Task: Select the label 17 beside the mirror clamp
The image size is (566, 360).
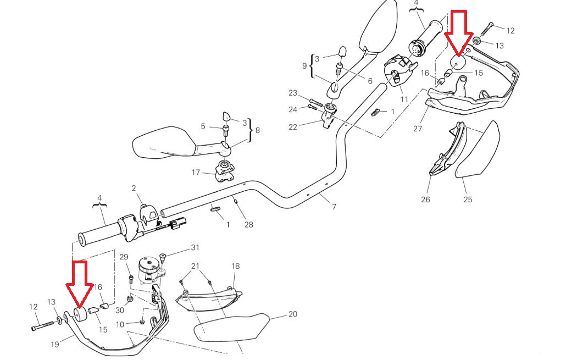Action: pos(196,173)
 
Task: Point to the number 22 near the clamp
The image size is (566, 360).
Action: pos(292,128)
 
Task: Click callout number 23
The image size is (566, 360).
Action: pos(292,93)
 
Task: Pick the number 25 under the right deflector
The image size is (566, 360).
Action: pos(468,200)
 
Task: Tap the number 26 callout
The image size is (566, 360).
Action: pos(426,200)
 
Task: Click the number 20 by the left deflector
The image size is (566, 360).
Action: pos(292,315)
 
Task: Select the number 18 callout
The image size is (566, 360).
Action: pos(235,266)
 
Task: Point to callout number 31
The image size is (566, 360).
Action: pos(195,247)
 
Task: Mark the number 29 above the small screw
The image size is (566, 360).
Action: pos(124,257)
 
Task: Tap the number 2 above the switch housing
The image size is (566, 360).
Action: pos(134,189)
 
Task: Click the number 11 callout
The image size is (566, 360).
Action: pos(404,99)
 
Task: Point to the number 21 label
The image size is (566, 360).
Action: pos(195,266)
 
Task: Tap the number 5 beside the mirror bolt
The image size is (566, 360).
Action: pos(203,126)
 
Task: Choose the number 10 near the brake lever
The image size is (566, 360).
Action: pos(120,324)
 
